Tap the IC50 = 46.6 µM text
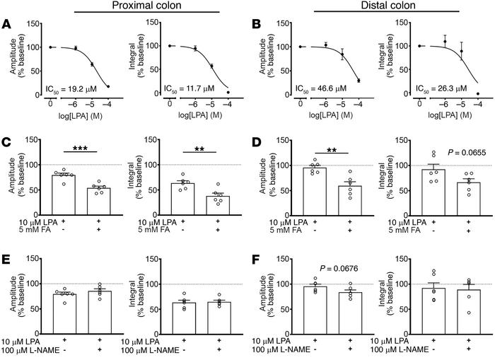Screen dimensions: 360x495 click(319, 90)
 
